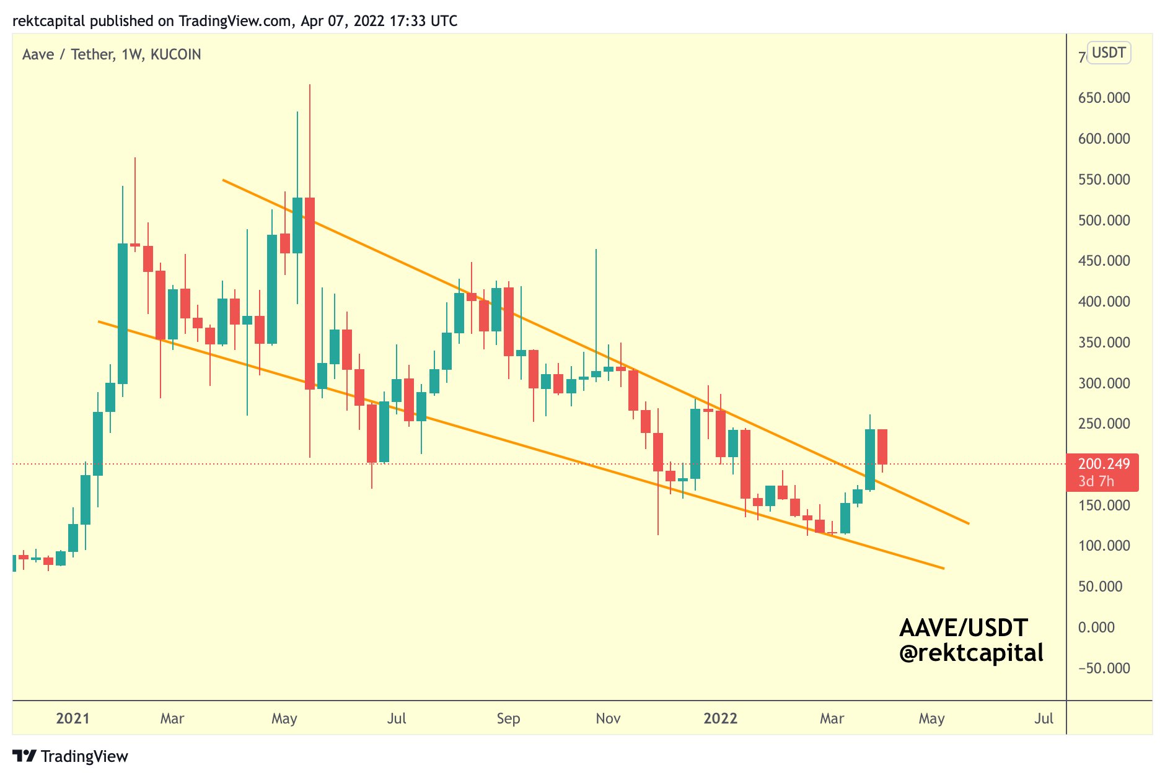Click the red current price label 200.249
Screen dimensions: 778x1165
click(1104, 464)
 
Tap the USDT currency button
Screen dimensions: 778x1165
click(1109, 53)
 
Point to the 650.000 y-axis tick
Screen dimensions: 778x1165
click(1104, 98)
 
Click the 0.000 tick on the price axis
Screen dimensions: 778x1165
click(1096, 627)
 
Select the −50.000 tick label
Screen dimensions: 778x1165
click(1104, 668)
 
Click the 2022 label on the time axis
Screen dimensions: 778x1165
click(720, 719)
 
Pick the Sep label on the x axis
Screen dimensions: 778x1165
click(508, 719)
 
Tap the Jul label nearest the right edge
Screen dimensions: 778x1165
click(1044, 719)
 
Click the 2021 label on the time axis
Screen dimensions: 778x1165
click(73, 719)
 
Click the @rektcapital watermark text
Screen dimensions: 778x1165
click(971, 653)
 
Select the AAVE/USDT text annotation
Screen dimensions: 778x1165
click(964, 628)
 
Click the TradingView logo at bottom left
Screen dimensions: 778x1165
click(70, 756)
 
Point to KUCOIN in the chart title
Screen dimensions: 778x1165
click(176, 55)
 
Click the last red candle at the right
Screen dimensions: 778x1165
click(882, 447)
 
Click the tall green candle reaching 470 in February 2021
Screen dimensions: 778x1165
click(123, 313)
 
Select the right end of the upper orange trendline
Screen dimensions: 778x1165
click(968, 523)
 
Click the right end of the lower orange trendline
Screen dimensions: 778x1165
click(943, 568)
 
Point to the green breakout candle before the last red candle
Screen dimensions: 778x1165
click(870, 460)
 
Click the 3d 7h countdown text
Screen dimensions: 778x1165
click(1096, 481)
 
